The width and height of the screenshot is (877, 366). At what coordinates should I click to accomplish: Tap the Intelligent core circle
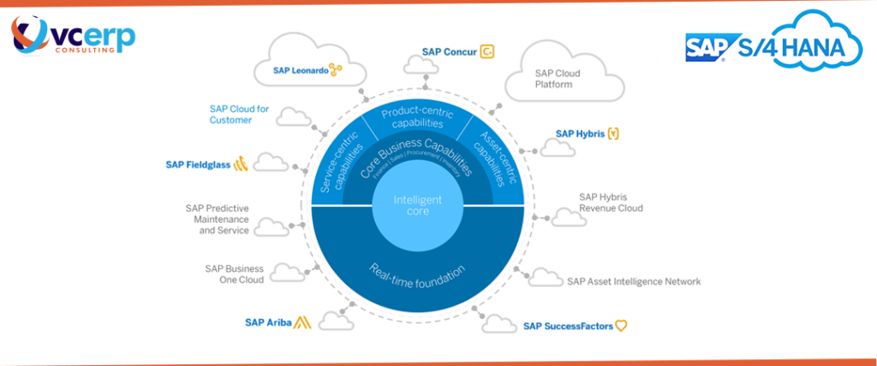tap(417, 205)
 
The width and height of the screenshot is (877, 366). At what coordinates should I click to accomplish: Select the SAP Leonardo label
tap(300, 71)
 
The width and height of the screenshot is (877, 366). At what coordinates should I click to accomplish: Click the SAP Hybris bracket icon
tap(614, 134)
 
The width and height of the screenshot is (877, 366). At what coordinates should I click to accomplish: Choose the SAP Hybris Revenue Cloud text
tap(610, 202)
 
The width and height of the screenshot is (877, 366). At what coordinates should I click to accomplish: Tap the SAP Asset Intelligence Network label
tap(634, 281)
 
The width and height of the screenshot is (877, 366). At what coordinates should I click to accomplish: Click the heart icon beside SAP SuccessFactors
tap(622, 326)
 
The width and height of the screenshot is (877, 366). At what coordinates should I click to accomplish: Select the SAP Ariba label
tap(268, 323)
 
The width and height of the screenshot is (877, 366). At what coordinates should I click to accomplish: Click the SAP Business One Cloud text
tap(234, 274)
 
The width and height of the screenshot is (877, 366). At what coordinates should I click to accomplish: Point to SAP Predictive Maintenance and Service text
tap(217, 219)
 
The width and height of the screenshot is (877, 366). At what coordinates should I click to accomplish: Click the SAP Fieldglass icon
tap(241, 164)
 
